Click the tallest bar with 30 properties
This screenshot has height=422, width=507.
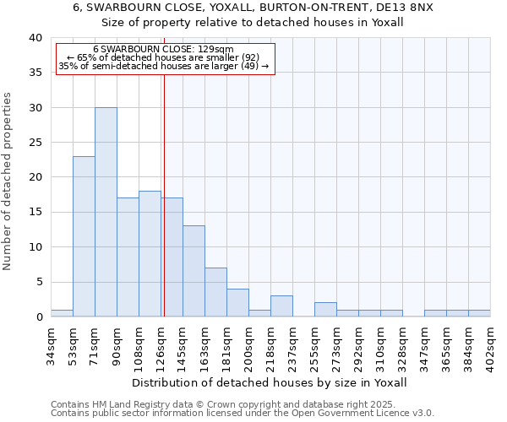(x=106, y=212)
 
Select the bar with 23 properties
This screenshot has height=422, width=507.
(x=84, y=236)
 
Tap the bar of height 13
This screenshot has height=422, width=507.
(x=194, y=271)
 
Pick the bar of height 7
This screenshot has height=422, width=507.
(x=215, y=292)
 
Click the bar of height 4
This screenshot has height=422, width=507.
(x=237, y=302)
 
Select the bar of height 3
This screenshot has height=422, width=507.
(x=281, y=306)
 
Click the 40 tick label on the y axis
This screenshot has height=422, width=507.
(x=35, y=38)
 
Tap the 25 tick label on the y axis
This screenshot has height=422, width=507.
(x=35, y=143)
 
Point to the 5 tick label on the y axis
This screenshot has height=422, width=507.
(x=38, y=282)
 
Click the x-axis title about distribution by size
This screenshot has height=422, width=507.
(x=270, y=382)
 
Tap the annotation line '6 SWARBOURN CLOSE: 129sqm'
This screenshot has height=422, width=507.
(x=163, y=50)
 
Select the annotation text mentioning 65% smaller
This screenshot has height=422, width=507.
(x=163, y=57)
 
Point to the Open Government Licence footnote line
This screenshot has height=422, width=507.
(x=243, y=414)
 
